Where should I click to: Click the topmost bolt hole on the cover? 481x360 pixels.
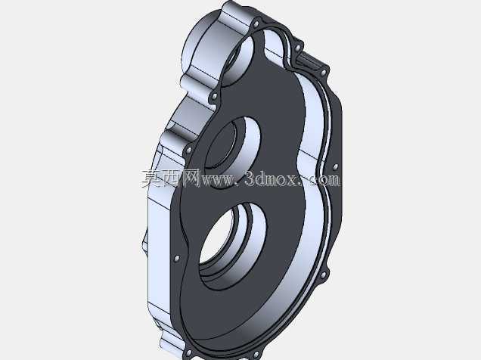(256, 23)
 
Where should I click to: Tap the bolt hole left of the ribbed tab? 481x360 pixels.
(297, 48)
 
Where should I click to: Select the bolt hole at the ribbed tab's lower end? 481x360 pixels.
(324, 73)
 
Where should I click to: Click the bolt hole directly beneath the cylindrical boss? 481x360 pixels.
(215, 97)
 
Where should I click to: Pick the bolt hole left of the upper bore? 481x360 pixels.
(188, 151)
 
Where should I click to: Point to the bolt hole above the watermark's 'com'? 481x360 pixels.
(335, 167)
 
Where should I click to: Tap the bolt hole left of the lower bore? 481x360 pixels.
(176, 259)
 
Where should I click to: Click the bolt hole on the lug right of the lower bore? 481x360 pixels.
(322, 276)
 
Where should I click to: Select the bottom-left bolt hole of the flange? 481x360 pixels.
(188, 353)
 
